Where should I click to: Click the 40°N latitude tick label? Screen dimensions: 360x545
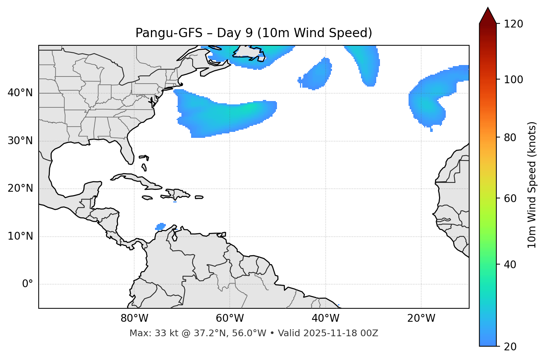20,93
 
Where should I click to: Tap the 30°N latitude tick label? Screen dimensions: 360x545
20,141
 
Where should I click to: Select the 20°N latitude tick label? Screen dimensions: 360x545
20,188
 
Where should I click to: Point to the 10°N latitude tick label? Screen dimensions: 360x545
20,236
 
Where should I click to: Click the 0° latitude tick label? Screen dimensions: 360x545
28,284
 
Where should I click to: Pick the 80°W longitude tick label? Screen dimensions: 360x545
134,318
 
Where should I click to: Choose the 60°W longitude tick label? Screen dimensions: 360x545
230,318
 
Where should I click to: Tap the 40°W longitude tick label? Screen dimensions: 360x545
325,318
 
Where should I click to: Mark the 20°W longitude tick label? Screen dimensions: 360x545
421,318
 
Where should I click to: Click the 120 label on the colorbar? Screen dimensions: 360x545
513,24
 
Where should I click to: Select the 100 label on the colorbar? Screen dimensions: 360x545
513,80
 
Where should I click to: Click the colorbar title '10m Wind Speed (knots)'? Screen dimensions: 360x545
532,185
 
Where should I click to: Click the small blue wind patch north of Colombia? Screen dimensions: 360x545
161,226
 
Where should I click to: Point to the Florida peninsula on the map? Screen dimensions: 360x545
128,152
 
